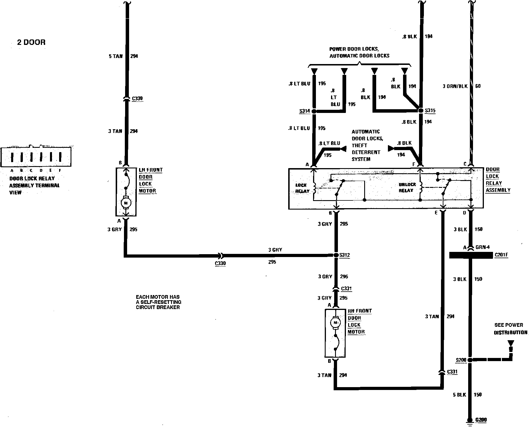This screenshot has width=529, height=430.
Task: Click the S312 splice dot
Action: (336, 255)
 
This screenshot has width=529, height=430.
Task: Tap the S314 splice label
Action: (304, 111)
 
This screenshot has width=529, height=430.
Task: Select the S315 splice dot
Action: (420, 110)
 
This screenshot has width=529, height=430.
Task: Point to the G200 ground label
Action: (481, 420)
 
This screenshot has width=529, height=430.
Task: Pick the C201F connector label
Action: (501, 254)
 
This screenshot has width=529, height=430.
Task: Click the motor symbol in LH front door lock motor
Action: (126, 203)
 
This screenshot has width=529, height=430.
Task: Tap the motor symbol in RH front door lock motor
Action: (335, 323)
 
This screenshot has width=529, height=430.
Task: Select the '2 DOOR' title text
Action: (31, 42)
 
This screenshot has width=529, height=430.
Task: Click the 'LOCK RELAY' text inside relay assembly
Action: (301, 188)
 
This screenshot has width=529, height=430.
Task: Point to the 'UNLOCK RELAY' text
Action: (407, 188)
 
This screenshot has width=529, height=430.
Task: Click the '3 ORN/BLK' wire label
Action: (455, 86)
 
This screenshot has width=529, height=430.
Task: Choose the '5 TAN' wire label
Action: (115, 56)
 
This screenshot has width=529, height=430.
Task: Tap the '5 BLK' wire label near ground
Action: (459, 395)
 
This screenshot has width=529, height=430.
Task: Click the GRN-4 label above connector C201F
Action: (483, 247)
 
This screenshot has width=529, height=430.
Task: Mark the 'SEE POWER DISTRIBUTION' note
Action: (510, 329)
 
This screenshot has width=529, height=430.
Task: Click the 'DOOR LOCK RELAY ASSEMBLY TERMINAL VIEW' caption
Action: (34, 185)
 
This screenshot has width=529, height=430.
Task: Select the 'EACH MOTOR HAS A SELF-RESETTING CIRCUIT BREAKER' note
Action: (159, 302)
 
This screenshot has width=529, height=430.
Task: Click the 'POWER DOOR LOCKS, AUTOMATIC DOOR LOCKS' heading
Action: (359, 52)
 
